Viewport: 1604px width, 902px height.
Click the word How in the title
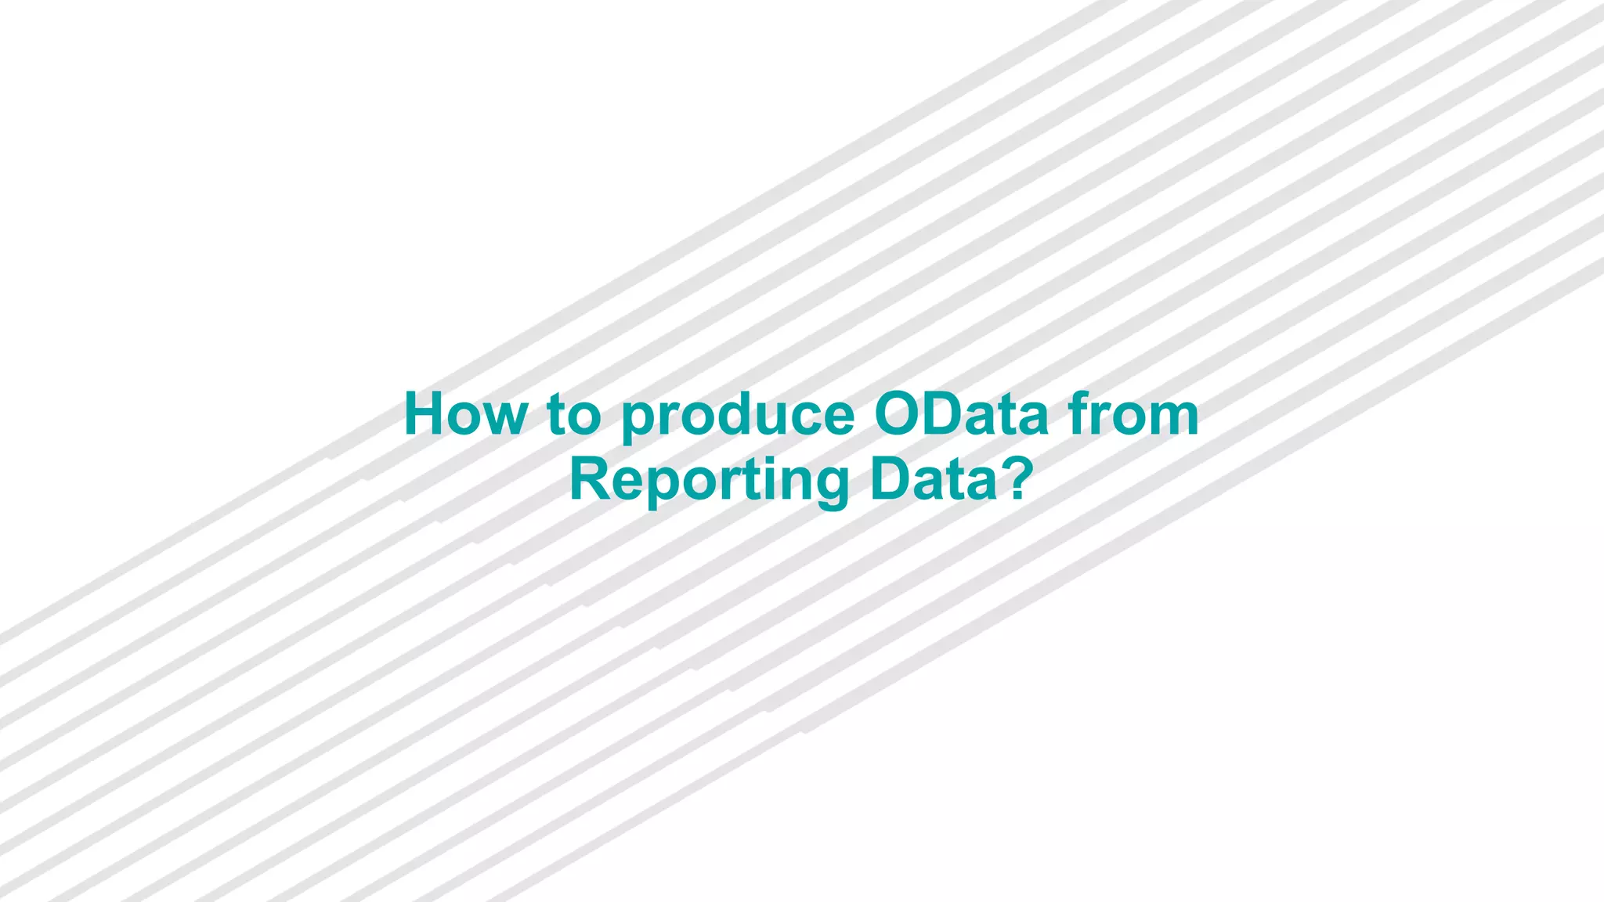(x=466, y=414)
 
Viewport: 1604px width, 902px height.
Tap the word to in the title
(x=574, y=414)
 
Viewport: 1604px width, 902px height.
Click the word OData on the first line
(x=961, y=414)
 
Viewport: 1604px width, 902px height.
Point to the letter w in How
(x=505, y=419)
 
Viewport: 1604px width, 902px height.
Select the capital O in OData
(x=899, y=414)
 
